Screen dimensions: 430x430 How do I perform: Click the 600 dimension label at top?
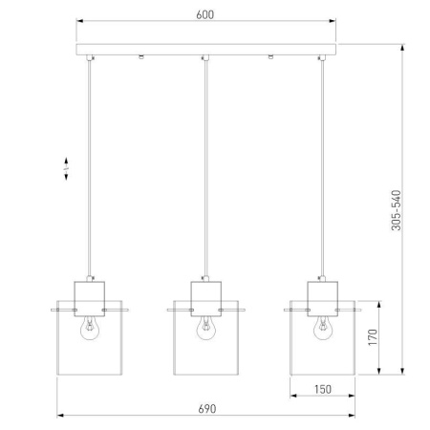(x=205, y=14)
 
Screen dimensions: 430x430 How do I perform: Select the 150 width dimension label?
(x=322, y=389)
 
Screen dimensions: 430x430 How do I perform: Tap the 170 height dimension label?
(x=375, y=337)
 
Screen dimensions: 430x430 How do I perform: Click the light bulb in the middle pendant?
(x=205, y=327)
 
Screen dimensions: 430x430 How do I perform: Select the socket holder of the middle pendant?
(x=205, y=294)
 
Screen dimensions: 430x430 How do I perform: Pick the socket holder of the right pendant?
(x=322, y=294)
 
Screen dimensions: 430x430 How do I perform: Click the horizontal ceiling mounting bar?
(x=205, y=50)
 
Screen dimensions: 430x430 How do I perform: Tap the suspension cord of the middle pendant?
(x=205, y=172)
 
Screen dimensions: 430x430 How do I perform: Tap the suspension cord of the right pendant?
(x=323, y=172)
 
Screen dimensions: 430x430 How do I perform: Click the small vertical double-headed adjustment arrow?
(x=67, y=168)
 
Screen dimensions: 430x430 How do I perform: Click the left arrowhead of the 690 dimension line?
(x=60, y=416)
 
